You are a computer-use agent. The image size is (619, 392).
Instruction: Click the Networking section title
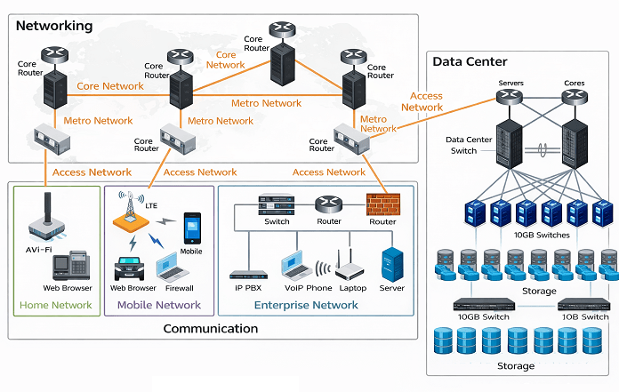[54, 26]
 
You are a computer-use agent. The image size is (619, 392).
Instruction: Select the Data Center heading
[470, 61]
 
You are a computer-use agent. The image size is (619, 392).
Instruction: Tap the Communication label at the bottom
[210, 329]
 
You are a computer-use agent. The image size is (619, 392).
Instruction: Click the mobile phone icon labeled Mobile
[191, 228]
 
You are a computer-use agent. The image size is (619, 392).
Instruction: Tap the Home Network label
[55, 305]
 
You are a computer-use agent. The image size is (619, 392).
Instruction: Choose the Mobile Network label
[159, 305]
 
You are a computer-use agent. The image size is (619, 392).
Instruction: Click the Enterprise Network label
[306, 305]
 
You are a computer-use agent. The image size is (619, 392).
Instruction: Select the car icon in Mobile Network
[130, 268]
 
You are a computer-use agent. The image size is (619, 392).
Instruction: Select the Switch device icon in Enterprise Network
[276, 204]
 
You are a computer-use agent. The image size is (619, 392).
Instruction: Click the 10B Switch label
[583, 316]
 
